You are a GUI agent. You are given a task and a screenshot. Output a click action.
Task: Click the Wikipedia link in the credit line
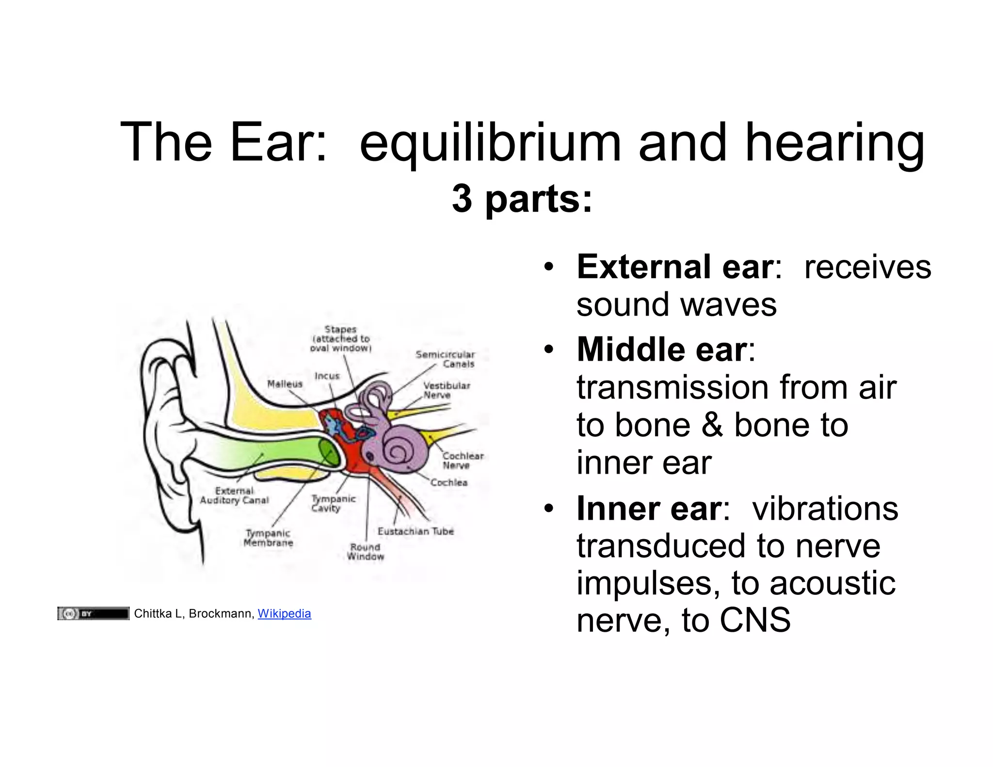point(284,613)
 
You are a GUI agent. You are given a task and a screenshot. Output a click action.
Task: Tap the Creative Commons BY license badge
point(93,613)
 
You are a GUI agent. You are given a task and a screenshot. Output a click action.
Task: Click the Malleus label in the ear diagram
point(285,384)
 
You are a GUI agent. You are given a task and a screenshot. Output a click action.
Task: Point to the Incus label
point(327,376)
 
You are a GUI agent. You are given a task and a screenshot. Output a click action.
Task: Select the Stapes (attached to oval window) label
point(340,339)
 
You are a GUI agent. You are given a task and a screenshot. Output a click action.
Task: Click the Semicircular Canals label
point(445,359)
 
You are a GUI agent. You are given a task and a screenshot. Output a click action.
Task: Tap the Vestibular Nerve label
point(446,390)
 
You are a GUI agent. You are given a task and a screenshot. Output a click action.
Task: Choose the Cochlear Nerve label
point(463,461)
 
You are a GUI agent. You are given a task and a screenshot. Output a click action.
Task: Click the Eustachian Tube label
point(416,531)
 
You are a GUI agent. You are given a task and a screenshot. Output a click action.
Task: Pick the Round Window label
point(365,552)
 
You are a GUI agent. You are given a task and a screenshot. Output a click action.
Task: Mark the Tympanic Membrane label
point(268,538)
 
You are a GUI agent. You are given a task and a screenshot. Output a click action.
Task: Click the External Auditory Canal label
point(234,495)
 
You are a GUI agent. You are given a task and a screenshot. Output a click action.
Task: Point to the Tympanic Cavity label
point(333,503)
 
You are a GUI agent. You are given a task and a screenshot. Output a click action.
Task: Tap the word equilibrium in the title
point(490,143)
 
